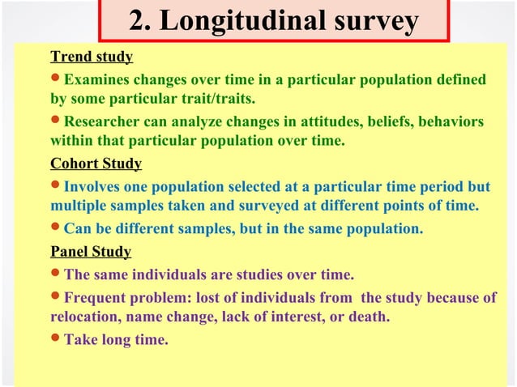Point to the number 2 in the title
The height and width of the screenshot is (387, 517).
[139, 23]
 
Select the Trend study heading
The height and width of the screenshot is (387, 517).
[92, 57]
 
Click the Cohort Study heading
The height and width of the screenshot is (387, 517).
[96, 164]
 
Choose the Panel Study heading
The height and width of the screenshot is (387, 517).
[91, 251]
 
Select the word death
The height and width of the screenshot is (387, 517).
[370, 317]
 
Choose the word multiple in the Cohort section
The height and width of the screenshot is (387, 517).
[77, 206]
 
